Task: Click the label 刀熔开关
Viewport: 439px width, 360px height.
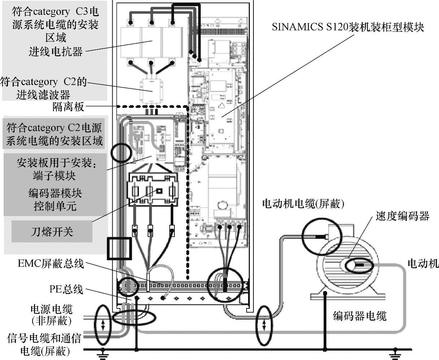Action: coord(52,231)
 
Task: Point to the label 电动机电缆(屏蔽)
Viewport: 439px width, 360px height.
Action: coord(303,204)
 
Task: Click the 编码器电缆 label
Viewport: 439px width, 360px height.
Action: coord(360,316)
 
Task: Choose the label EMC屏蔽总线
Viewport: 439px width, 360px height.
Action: coord(51,264)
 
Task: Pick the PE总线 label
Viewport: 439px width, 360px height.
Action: coord(66,289)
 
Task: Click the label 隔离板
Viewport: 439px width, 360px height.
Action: coord(68,107)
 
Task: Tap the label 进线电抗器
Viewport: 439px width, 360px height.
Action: coord(56,52)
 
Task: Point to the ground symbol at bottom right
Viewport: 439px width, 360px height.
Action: coord(396,355)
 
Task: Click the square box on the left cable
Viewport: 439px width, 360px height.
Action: coord(119,248)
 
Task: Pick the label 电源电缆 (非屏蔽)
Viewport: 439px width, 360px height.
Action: coord(52,314)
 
